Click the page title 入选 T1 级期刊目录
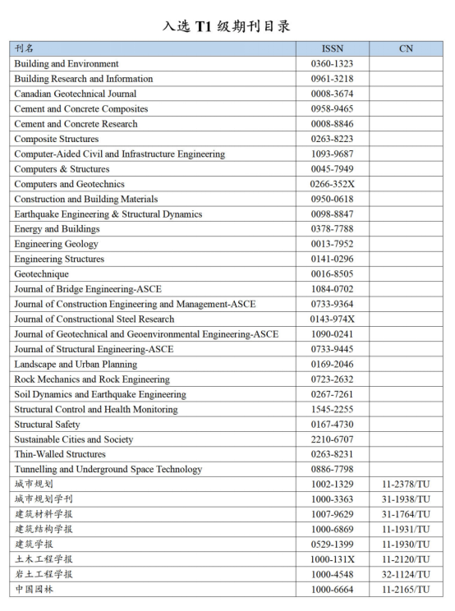(227, 26)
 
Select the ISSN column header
(332, 48)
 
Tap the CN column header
(406, 48)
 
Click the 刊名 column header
(25, 48)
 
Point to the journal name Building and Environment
(67, 64)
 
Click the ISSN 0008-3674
(332, 94)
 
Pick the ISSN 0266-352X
(332, 184)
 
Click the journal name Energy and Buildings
(57, 229)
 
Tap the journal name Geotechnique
(41, 274)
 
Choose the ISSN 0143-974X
(332, 319)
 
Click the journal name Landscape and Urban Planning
(76, 365)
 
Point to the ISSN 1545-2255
(332, 410)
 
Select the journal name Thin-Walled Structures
(60, 454)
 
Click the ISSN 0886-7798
(332, 470)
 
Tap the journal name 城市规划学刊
(44, 499)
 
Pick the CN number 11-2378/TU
(406, 485)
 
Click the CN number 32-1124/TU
(406, 575)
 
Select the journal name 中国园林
(34, 590)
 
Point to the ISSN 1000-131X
(332, 559)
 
